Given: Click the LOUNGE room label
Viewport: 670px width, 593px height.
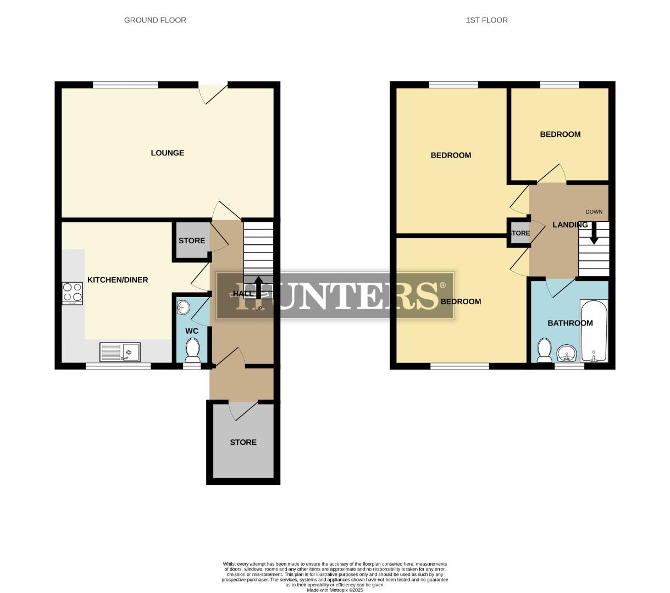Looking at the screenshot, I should tap(167, 153).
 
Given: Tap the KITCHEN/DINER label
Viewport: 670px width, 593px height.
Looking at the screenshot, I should tap(118, 280).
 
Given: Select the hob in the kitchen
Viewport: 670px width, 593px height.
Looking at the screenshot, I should tap(73, 293).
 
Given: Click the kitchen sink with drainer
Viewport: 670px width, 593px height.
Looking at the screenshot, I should tap(120, 351).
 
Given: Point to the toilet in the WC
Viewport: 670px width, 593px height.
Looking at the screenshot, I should tap(192, 350).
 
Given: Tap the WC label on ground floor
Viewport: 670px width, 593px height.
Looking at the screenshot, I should tap(191, 331).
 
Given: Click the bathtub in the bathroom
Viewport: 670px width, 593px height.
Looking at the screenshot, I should tap(594, 331).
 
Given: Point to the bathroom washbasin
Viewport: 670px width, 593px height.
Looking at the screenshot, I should tap(566, 353).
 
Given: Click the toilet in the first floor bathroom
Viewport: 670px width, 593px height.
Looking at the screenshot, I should tap(544, 350).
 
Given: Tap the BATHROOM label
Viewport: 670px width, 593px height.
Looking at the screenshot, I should tap(570, 323).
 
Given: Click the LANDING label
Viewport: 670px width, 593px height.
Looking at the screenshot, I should tap(569, 225).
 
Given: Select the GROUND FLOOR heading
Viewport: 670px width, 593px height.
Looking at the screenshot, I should tap(155, 20).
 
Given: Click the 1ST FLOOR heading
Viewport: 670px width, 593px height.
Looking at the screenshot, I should tap(486, 20).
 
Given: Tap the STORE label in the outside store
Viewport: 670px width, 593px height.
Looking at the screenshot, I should tap(243, 442).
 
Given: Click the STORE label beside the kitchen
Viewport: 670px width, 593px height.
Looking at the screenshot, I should tap(191, 240).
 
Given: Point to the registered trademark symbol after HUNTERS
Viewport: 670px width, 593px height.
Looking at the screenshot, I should tap(442, 286).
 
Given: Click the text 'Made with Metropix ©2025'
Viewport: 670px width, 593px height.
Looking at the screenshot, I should tap(335, 590).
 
